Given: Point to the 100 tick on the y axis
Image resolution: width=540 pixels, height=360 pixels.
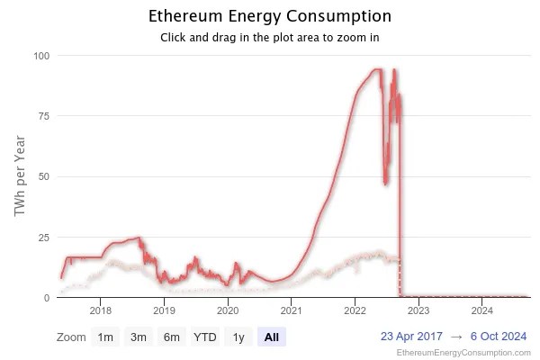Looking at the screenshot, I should [x=41, y=56].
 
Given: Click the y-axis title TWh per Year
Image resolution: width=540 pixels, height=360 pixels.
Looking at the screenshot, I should [x=20, y=176].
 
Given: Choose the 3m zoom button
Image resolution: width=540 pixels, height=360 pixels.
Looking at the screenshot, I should [x=139, y=337].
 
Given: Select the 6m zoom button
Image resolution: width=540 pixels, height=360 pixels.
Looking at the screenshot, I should [x=171, y=337].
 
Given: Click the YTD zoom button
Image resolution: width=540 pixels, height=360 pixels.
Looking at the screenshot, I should [x=205, y=337].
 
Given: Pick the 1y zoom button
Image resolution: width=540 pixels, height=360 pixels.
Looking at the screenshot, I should [x=238, y=337].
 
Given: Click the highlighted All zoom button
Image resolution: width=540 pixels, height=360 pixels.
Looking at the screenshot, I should [x=272, y=337].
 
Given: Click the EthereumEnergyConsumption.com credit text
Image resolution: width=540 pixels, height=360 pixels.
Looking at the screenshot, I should [x=463, y=354].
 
